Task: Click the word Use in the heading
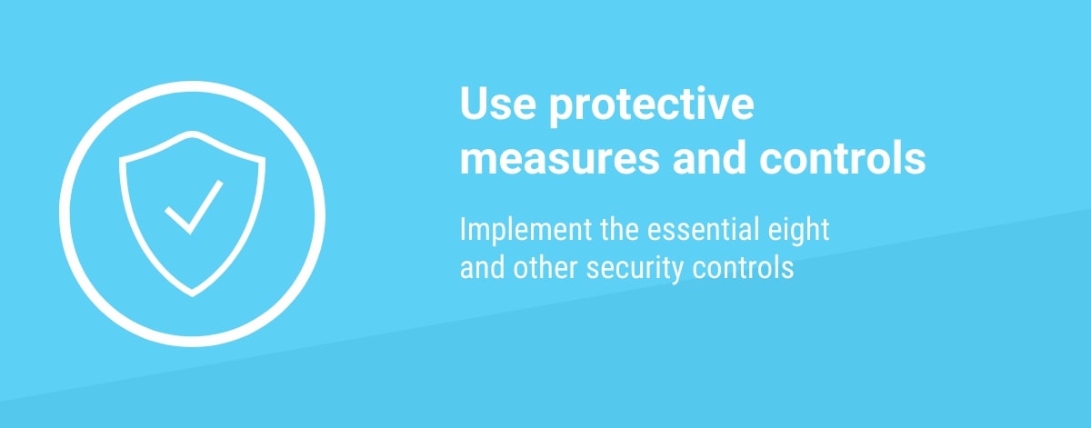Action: [498, 104]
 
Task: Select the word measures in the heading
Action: [560, 158]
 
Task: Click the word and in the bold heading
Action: [709, 157]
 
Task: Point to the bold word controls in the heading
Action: [843, 157]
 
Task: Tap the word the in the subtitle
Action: [619, 229]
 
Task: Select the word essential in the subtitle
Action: [704, 229]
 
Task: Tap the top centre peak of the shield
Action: [193, 132]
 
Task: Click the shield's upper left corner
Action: [120, 157]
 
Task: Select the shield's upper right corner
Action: [265, 157]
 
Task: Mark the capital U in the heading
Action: [473, 104]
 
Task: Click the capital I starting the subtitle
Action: [463, 229]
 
